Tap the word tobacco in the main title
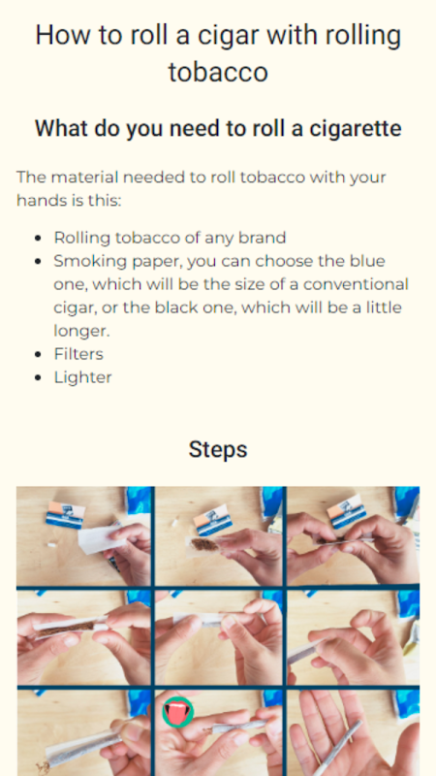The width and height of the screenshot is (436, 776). [218, 72]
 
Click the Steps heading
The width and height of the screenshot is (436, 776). [218, 450]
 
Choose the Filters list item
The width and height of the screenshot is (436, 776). [78, 354]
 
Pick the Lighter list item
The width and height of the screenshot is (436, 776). [82, 377]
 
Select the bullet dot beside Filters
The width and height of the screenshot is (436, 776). [38, 354]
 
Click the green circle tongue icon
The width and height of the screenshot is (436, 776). [178, 712]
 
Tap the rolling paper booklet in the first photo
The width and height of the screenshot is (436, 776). [65, 515]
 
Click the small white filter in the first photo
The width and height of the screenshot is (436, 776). [50, 545]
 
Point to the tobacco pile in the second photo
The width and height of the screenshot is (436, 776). [203, 545]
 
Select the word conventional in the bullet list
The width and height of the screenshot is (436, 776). [356, 284]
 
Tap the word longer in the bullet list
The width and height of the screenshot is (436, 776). [81, 331]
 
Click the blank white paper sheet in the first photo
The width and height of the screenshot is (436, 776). [102, 539]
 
